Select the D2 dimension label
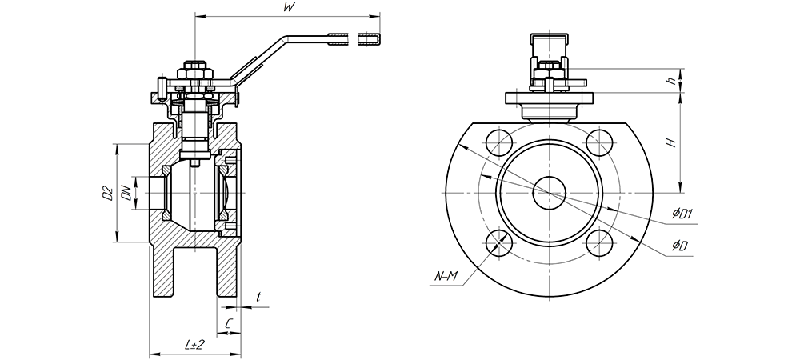pyautogui.click(x=105, y=193)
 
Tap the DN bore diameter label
pyautogui.click(x=126, y=193)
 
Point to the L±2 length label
pyautogui.click(x=194, y=344)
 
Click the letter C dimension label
pyautogui.click(x=230, y=323)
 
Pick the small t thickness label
pyautogui.click(x=258, y=297)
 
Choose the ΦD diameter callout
pyautogui.click(x=680, y=244)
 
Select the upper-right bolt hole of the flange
pyautogui.click(x=599, y=142)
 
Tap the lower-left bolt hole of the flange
pyautogui.click(x=500, y=241)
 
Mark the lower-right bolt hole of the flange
pyautogui.click(x=599, y=241)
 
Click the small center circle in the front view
pyautogui.click(x=550, y=192)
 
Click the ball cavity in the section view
pyautogui.click(x=192, y=196)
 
